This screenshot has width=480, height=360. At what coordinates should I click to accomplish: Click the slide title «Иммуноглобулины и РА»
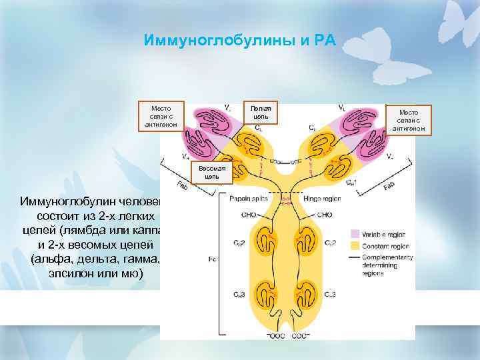[240, 41]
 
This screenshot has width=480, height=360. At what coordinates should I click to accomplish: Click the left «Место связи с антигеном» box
[161, 117]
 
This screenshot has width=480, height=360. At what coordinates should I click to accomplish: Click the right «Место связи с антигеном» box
[409, 120]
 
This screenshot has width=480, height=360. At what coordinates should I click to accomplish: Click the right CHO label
[323, 215]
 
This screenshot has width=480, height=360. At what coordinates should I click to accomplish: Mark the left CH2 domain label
[239, 244]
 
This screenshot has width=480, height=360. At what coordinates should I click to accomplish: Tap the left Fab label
[182, 185]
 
